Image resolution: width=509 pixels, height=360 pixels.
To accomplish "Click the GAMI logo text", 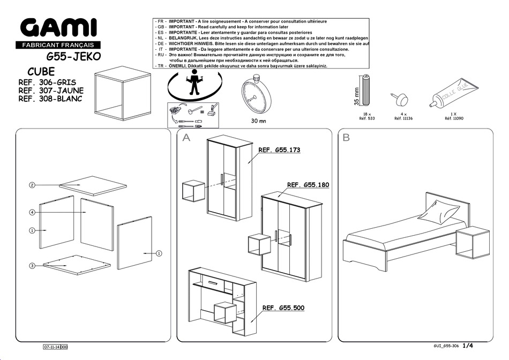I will click(x=58, y=28).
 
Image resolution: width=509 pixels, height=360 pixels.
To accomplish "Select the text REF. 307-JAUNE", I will click(x=50, y=91).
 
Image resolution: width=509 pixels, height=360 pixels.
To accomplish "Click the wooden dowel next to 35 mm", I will click(x=367, y=91).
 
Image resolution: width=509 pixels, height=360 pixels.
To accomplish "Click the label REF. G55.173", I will click(x=279, y=151).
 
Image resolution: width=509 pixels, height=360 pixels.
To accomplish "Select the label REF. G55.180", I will click(x=308, y=185).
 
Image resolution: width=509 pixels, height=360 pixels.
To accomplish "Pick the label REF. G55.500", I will click(x=283, y=308).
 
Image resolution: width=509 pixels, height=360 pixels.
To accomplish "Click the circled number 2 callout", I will click(x=32, y=185).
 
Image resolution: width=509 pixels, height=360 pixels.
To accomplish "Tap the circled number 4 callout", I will click(x=32, y=213).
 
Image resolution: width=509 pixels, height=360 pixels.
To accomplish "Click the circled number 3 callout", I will click(x=32, y=266).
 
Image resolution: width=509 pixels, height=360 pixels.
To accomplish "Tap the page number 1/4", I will click(x=468, y=347).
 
